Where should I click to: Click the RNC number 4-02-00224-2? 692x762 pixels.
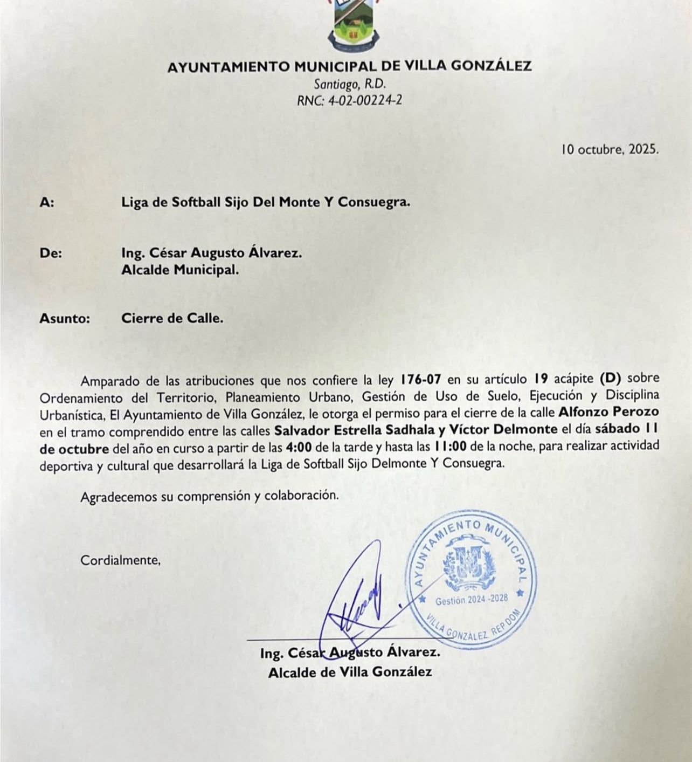pyautogui.click(x=349, y=100)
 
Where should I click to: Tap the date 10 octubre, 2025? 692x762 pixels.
pyautogui.click(x=610, y=149)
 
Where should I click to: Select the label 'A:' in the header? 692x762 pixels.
pyautogui.click(x=47, y=203)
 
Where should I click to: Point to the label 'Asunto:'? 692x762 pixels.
pyautogui.click(x=64, y=318)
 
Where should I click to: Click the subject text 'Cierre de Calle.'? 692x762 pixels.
pyautogui.click(x=172, y=318)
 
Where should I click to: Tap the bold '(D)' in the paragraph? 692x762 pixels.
pyautogui.click(x=610, y=380)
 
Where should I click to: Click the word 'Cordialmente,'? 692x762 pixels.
pyautogui.click(x=121, y=560)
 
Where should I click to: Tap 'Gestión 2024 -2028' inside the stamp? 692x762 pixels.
pyautogui.click(x=471, y=599)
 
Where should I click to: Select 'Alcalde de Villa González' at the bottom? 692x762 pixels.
pyautogui.click(x=350, y=672)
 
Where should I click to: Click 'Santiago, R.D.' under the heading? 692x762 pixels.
pyautogui.click(x=350, y=84)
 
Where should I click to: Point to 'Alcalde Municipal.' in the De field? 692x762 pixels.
pyautogui.click(x=180, y=270)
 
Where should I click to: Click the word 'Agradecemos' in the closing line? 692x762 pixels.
pyautogui.click(x=119, y=496)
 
